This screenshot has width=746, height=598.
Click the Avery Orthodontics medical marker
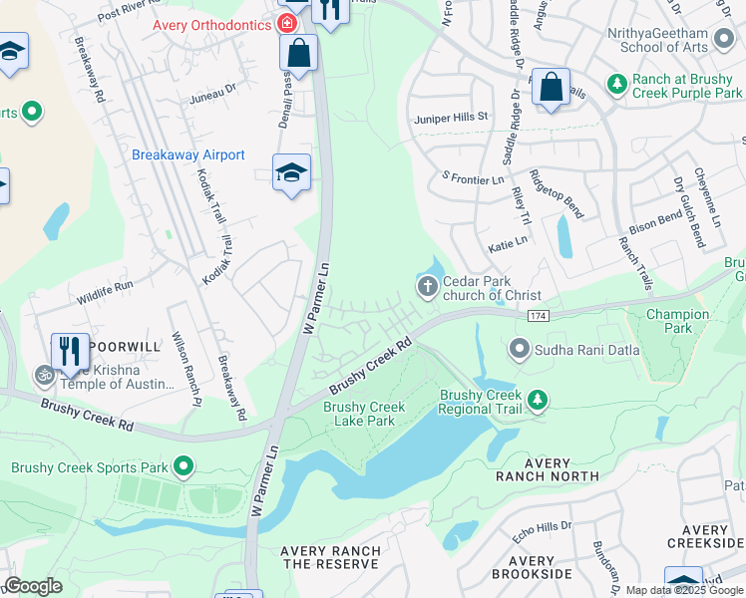coord(287,23)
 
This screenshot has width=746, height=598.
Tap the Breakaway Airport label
coord(187,154)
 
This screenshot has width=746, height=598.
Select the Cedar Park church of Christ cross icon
coord(428,289)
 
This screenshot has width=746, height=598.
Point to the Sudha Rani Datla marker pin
coord(519,349)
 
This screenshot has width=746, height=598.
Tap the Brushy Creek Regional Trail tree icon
coord(538,401)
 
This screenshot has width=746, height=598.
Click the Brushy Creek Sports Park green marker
coord(184,466)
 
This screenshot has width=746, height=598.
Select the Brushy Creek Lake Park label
coord(364,414)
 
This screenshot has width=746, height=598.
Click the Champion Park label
coord(676,321)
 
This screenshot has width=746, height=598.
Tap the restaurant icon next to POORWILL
coord(70,351)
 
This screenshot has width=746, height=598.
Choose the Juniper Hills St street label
coord(451,117)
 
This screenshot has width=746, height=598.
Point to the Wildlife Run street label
coord(104,286)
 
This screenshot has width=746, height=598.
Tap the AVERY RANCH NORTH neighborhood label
coord(548,469)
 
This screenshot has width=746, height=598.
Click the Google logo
coord(33,586)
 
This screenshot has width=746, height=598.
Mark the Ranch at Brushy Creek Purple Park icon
coord(617,83)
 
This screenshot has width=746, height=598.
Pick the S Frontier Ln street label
coord(473,177)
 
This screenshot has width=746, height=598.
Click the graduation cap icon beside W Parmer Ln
coord(291,174)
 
